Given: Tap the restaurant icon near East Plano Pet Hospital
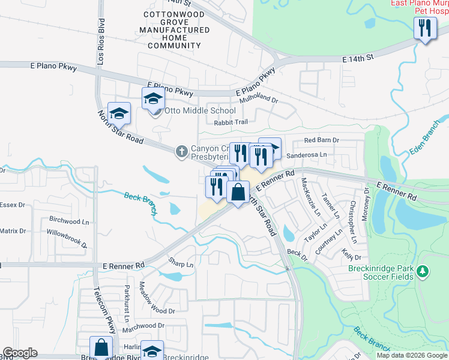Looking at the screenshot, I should click(424, 29).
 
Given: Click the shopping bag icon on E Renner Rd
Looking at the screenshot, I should click(238, 193).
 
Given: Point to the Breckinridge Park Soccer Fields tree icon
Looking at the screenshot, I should click(423, 272).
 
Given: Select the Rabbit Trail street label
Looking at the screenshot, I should click(231, 122).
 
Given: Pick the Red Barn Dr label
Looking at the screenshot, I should click(321, 140).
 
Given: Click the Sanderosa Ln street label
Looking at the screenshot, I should click(309, 154).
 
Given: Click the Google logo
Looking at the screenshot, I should click(20, 353).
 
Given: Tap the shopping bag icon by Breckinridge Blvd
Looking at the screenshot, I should click(101, 348).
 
